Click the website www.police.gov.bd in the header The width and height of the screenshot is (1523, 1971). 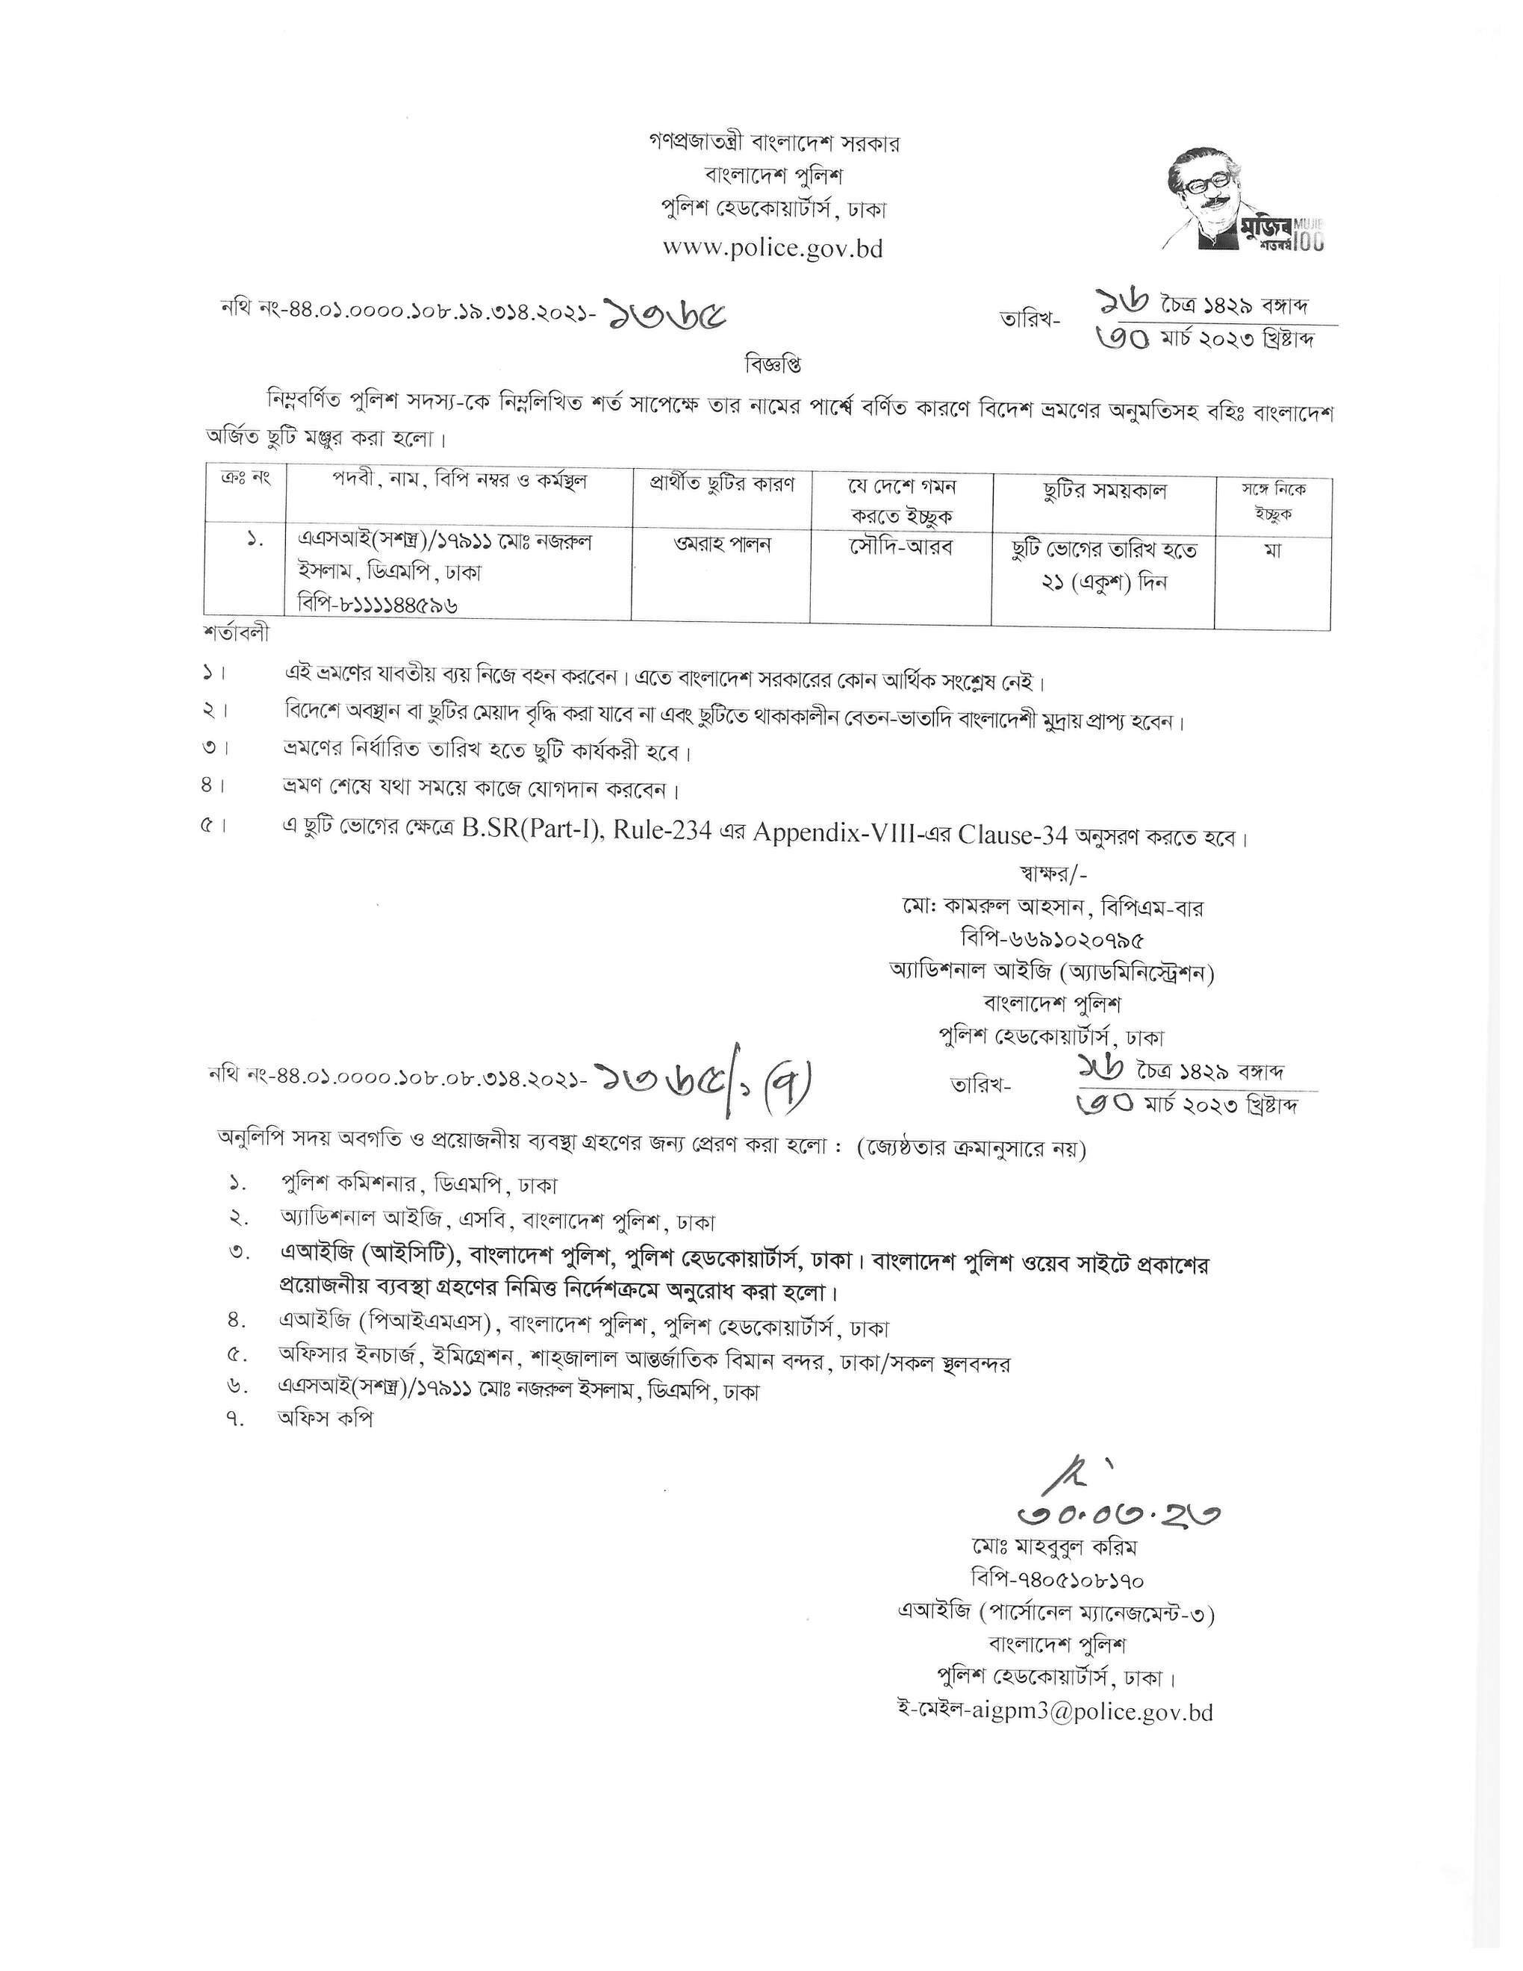pos(773,248)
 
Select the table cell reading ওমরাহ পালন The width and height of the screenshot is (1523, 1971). pos(721,545)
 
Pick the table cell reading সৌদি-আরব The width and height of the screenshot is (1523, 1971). pos(900,545)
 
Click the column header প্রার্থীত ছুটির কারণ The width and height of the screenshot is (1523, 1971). pos(722,484)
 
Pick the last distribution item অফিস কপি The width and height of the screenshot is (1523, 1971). pos(325,1418)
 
